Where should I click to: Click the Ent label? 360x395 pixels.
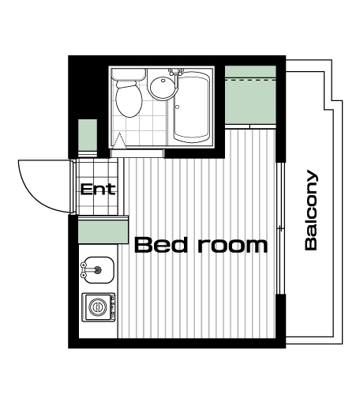[x=98, y=189]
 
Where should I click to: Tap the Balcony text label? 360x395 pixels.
[x=311, y=210]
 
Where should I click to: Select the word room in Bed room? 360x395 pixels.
[x=233, y=246]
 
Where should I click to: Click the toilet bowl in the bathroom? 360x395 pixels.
[x=129, y=100]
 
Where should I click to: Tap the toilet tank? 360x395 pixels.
[x=129, y=74]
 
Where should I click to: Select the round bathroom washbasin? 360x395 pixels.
[x=162, y=85]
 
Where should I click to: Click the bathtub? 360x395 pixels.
[x=192, y=107]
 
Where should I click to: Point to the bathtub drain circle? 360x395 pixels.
[x=178, y=107]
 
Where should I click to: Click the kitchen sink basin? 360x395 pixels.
[x=97, y=270]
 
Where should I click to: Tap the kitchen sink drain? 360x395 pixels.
[x=98, y=269]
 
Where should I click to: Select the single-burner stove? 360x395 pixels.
[x=99, y=307]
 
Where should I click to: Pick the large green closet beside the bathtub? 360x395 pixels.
[x=250, y=95]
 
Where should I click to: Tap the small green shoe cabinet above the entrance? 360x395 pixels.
[x=88, y=135]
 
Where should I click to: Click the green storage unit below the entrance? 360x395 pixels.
[x=103, y=232]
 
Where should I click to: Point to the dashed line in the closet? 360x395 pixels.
[x=250, y=80]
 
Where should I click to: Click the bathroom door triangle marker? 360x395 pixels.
[x=119, y=141]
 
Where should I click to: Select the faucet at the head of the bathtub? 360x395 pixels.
[x=176, y=72]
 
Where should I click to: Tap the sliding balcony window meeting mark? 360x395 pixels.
[x=281, y=228]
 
